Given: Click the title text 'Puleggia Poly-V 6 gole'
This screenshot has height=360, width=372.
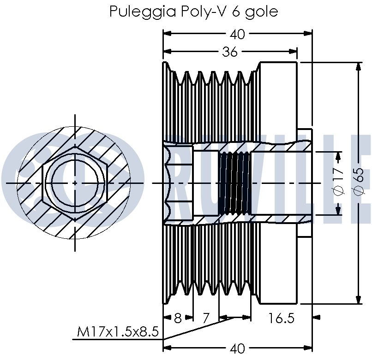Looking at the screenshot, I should point(193,11).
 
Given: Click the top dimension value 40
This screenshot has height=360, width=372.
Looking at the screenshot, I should point(238,34).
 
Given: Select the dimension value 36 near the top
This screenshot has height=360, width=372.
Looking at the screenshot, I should point(229,52).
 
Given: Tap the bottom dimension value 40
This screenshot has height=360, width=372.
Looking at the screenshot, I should point(238,348).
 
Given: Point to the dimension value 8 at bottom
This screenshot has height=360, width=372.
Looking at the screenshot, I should point(178,318).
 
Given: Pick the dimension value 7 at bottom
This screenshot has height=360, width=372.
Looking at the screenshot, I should point(206,318).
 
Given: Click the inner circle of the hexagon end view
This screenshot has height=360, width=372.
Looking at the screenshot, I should point(75,183).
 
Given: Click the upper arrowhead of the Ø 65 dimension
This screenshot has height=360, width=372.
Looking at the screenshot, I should point(359,67).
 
